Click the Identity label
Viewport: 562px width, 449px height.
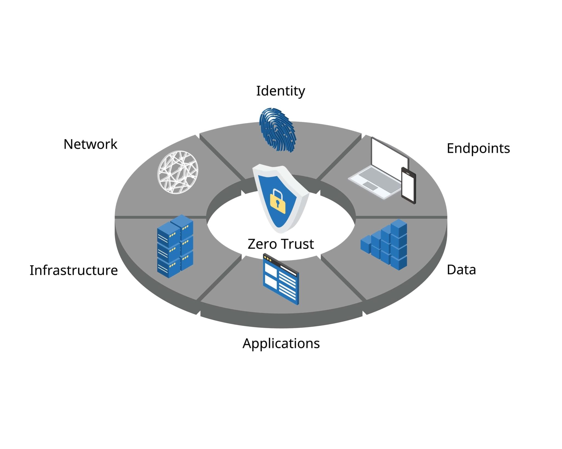(280, 91)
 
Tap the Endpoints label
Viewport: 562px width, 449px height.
(478, 148)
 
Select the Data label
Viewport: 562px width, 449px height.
(461, 270)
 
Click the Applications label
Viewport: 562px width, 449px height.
(281, 343)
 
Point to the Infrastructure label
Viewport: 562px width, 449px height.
(74, 270)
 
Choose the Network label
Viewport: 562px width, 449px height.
(90, 144)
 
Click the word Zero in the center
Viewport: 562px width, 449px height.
(262, 244)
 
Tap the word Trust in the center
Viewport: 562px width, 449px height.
(297, 244)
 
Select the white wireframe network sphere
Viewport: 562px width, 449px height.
(178, 172)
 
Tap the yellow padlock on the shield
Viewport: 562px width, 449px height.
(278, 202)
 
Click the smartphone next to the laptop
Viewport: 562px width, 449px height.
(408, 186)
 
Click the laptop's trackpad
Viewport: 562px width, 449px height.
(370, 186)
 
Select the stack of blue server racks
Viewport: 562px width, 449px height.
(175, 246)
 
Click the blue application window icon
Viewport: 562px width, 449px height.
(280, 279)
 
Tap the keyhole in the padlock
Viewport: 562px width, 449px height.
(278, 203)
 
